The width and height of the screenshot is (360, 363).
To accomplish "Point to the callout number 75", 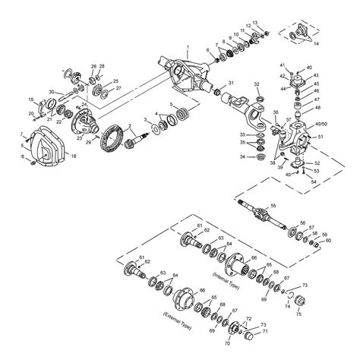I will tap(298, 313).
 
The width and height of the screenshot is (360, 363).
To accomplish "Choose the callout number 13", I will tap(255, 24).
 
